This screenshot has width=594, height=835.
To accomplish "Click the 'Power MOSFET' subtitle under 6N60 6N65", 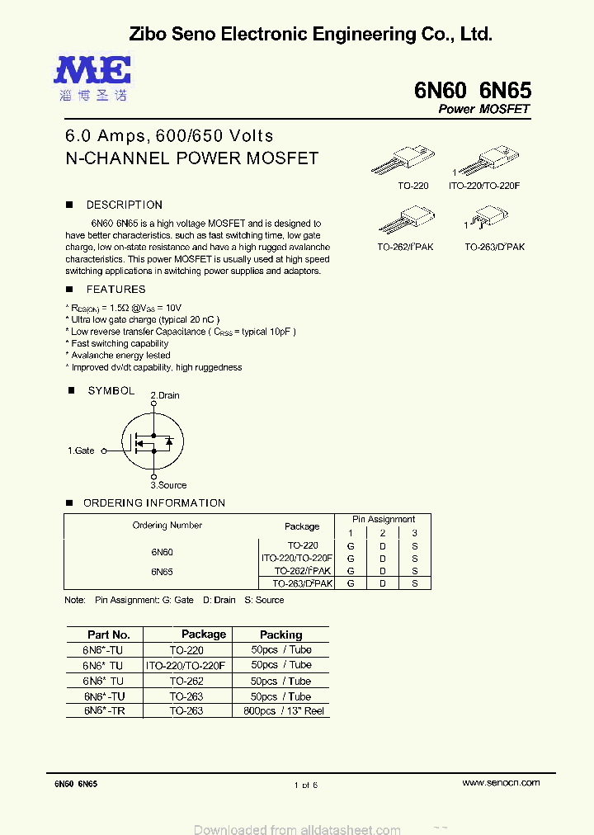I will (483, 109).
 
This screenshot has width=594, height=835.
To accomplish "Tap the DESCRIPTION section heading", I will (124, 205).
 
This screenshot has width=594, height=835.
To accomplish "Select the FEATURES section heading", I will (115, 290).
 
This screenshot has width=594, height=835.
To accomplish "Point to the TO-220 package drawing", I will (413, 159).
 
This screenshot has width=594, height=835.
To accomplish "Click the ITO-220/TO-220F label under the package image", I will (484, 186).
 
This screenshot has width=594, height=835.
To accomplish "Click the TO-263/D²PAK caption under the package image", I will (494, 247).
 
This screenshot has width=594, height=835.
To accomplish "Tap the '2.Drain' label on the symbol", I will (164, 395).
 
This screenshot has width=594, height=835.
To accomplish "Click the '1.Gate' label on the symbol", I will (81, 451).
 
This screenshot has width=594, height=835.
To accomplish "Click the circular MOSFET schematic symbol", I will (153, 441).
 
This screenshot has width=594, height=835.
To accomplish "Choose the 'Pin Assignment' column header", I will (384, 519).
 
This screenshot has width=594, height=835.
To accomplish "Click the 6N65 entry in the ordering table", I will (162, 571).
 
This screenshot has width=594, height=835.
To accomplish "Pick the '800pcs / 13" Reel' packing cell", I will (280, 710).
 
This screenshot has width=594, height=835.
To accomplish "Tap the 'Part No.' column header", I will (109, 635).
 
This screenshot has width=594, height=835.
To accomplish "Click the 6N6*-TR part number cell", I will (104, 710).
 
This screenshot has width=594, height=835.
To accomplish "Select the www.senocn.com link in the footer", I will (501, 782).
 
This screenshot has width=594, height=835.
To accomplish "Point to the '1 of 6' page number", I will (305, 785).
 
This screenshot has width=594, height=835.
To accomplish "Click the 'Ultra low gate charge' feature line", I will (145, 319).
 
